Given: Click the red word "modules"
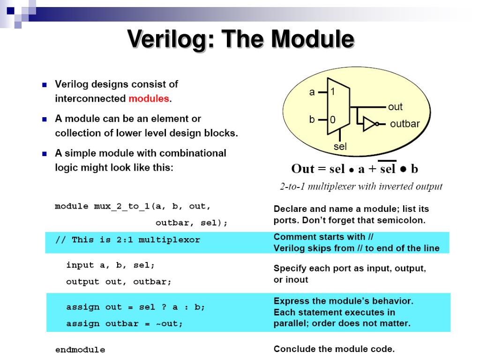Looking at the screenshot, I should point(149,99).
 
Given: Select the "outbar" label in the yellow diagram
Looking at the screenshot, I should point(405,124).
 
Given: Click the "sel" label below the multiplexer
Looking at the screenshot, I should point(340,147).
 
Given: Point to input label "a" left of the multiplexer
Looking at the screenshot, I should point(312,92).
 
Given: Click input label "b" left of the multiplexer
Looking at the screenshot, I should point(312,120).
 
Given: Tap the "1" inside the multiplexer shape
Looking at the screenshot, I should point(332,92).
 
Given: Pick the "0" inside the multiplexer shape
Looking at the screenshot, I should point(332,120).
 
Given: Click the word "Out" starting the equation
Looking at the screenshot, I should point(302,169).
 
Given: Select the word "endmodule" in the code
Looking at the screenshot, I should point(80,350).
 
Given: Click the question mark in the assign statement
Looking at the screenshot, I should point(164,307).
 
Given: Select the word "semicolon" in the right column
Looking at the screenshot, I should point(402,220).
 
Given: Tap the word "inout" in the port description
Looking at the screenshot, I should point(297,280).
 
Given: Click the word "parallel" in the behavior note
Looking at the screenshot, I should point(290,323).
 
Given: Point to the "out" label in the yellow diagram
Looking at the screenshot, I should point(395,107).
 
